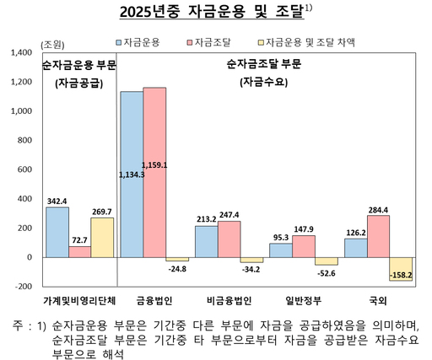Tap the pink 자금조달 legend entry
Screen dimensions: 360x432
(211, 40)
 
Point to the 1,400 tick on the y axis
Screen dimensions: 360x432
(19, 52)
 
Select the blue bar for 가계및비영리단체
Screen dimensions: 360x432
(57, 232)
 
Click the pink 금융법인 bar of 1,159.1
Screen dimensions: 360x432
(154, 172)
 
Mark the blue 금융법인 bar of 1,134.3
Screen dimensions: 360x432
(132, 174)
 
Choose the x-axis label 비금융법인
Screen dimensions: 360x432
(229, 300)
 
